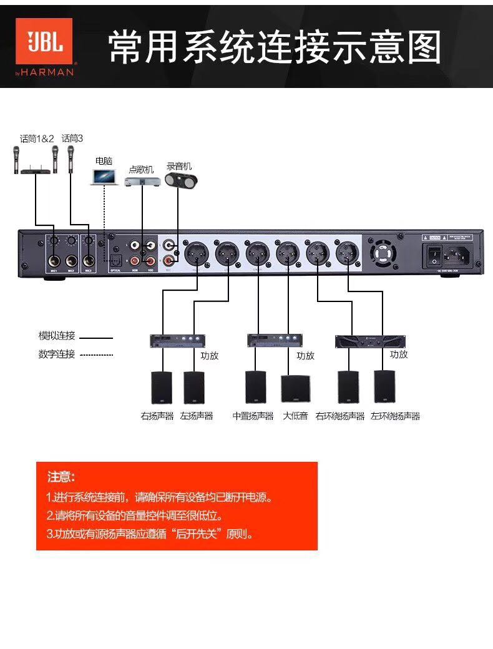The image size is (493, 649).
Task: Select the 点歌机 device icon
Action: coord(140,182)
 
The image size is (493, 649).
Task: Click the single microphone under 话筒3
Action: coord(71,159)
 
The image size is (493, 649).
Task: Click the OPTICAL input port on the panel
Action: coord(115,261)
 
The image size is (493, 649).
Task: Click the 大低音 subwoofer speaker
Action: coord(295,389)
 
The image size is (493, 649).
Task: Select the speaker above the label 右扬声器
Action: coord(162,388)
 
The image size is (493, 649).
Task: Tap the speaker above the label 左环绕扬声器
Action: coord(384,387)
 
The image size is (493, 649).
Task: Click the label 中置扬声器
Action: coord(253,416)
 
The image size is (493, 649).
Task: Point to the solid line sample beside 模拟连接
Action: coord(96,338)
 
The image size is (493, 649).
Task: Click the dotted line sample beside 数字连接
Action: coord(96,355)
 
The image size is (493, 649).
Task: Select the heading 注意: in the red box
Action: coord(61,477)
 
